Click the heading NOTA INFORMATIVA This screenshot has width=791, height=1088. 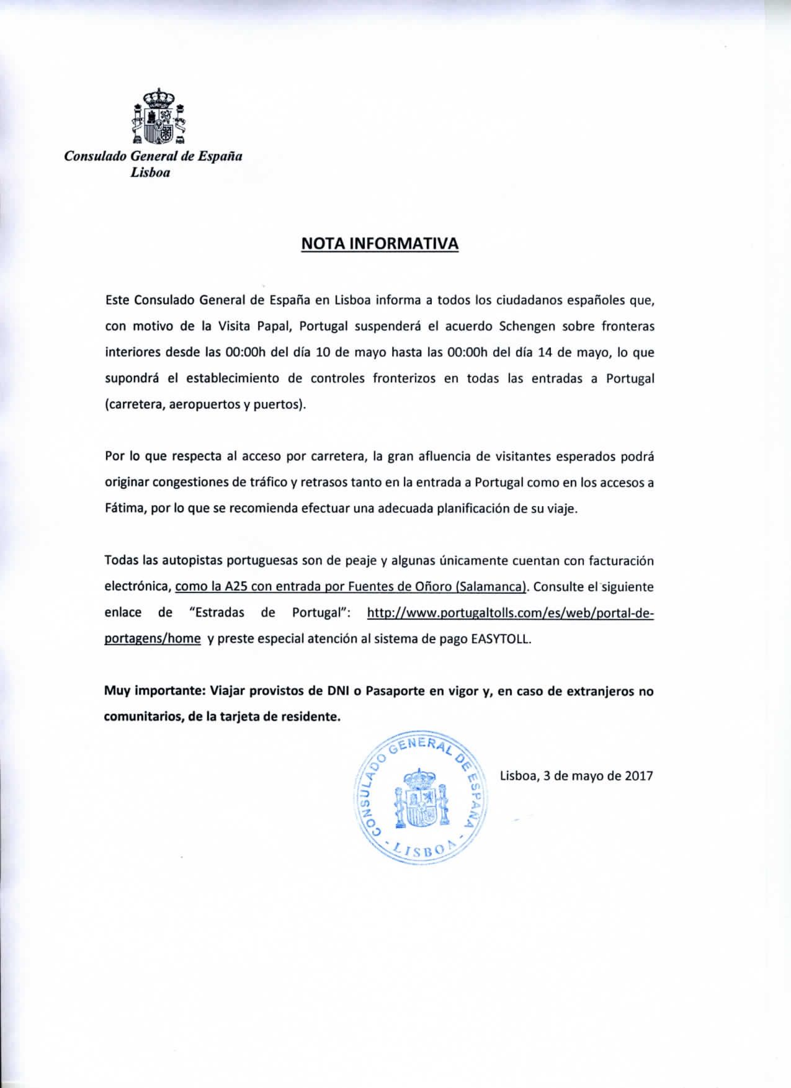(x=380, y=243)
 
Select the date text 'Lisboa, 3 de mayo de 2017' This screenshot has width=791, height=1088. (x=576, y=775)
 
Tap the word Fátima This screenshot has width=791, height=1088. (x=125, y=509)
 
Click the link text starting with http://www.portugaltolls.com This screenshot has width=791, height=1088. (x=511, y=613)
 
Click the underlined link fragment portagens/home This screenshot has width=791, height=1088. (x=152, y=639)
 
